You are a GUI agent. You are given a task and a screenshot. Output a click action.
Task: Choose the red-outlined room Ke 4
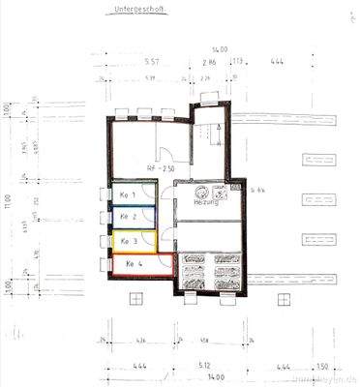click(135, 263)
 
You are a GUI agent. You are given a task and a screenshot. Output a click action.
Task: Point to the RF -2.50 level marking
click(160, 167)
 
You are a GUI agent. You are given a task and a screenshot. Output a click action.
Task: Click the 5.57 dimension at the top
click(150, 61)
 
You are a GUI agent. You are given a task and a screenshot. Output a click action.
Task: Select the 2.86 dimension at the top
click(208, 61)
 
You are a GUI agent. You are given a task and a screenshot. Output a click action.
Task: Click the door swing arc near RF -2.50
click(166, 155)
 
